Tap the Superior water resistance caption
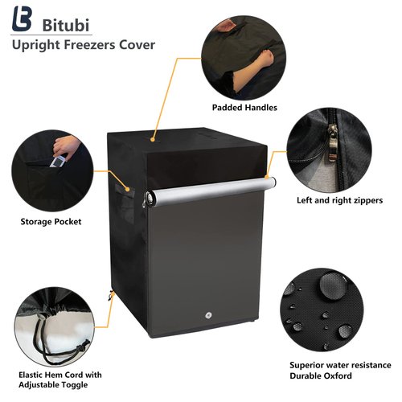[x=340, y=365]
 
